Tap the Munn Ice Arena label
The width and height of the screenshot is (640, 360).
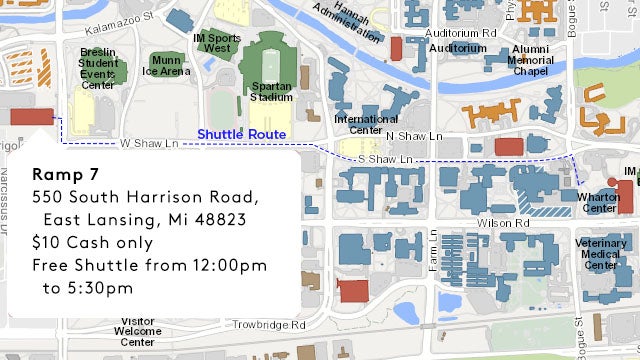[x=165, y=65]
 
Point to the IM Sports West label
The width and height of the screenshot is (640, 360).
[x=215, y=43]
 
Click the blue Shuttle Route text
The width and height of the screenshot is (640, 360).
[x=241, y=134]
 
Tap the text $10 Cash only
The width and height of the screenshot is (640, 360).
[x=92, y=242]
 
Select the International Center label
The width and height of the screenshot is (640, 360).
[x=358, y=124]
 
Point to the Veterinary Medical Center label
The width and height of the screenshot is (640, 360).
[x=601, y=254]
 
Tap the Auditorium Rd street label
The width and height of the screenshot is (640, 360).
[x=461, y=32]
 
